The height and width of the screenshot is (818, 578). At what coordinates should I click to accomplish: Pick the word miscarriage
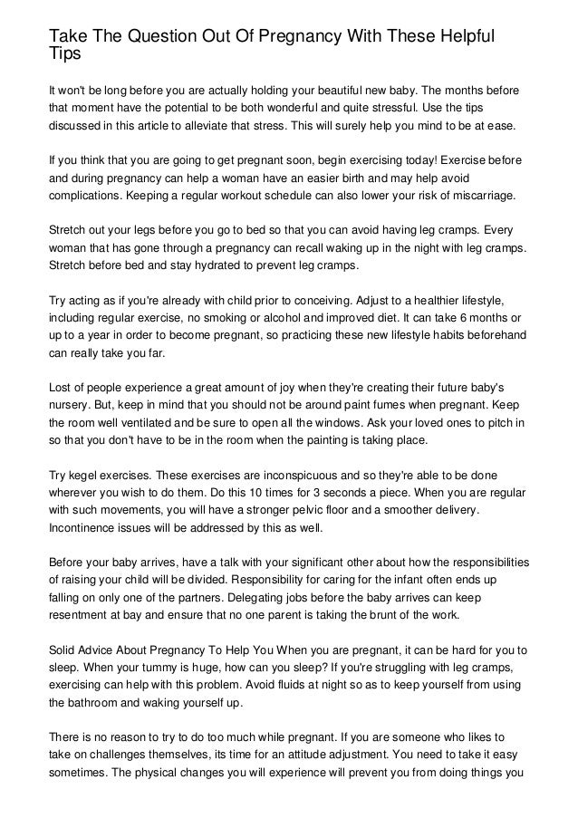point(481,195)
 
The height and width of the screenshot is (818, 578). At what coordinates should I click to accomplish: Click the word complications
point(89,195)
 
